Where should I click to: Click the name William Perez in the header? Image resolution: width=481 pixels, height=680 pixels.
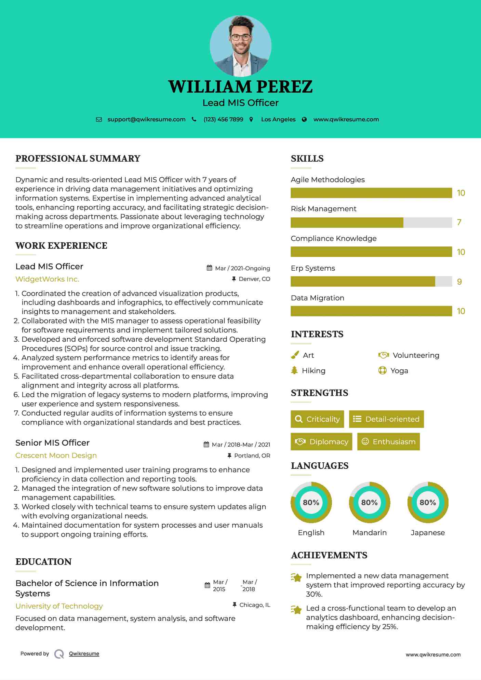240,87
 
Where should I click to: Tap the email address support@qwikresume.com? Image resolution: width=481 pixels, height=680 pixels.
146,120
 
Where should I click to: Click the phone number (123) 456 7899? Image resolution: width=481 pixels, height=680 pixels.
223,120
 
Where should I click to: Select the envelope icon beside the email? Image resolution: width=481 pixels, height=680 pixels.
99,120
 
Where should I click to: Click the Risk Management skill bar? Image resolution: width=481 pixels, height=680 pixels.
371,222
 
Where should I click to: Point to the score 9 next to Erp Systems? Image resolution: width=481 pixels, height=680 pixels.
459,282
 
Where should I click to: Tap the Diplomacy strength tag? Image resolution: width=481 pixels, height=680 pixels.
321,442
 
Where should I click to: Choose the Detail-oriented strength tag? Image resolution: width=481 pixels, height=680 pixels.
386,419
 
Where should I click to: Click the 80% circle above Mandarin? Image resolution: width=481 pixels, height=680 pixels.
370,503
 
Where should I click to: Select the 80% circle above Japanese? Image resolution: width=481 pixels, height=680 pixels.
428,503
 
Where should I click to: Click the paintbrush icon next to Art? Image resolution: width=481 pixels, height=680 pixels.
295,355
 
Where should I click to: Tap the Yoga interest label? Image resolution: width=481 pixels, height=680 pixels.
399,371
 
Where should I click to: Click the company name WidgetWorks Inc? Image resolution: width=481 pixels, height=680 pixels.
47,279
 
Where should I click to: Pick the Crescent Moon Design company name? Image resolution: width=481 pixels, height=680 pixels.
56,455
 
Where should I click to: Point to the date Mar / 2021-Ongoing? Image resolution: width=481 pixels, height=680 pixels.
242,269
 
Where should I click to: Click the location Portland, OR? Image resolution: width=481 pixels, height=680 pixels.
252,456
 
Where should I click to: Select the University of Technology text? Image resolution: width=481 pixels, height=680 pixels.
59,606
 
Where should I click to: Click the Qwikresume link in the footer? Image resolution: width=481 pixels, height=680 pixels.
84,654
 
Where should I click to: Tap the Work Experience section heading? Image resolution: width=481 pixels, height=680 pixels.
61,246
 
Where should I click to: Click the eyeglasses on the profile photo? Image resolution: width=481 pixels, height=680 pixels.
240,37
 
